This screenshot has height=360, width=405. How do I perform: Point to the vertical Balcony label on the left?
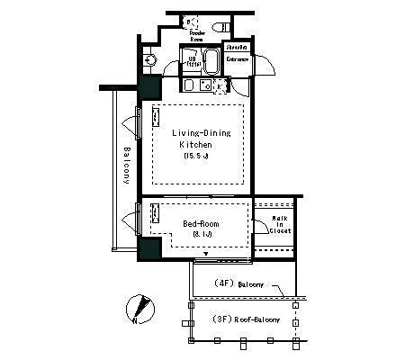coord(127,165)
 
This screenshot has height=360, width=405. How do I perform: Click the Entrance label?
coord(238,59)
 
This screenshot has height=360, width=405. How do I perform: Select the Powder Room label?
coord(196,35)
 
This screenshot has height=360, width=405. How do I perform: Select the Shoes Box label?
coord(236,48)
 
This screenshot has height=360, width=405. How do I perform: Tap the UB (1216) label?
coord(193,61)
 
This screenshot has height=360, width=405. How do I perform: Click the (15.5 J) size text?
coord(196,156)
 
